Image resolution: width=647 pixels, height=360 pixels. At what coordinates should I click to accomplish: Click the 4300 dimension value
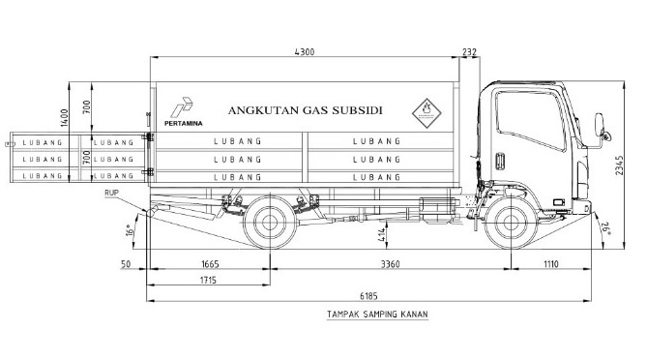click(x=305, y=52)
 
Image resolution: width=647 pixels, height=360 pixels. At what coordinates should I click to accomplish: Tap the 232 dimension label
click(x=470, y=52)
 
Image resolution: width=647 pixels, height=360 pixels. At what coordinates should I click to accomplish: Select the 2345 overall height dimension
click(x=619, y=165)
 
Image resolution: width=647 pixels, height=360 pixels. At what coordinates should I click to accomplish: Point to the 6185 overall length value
click(x=368, y=296)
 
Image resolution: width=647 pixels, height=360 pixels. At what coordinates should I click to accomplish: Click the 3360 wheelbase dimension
click(x=390, y=264)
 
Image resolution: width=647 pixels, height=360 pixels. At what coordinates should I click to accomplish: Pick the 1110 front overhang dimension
click(x=550, y=264)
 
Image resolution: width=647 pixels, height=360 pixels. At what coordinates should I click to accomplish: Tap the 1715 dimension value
click(x=208, y=281)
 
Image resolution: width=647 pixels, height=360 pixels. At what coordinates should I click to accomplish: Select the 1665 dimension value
click(x=210, y=264)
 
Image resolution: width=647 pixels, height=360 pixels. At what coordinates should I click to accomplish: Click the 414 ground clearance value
click(x=381, y=235)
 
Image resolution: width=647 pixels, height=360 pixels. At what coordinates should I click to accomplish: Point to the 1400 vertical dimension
click(x=64, y=118)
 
